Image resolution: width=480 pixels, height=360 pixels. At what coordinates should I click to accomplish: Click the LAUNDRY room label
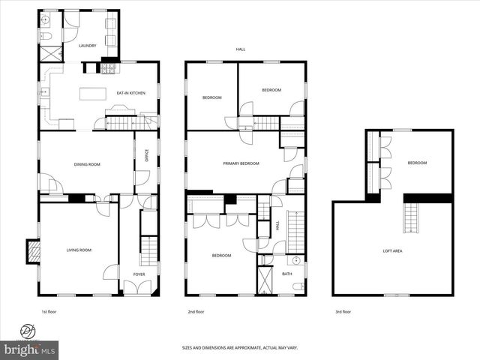coord(88,46)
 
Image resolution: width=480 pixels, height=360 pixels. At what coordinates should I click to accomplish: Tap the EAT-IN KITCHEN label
coord(130,93)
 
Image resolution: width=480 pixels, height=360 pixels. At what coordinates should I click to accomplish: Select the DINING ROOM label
coord(87,164)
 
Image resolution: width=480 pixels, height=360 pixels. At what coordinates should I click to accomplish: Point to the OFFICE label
coord(147,156)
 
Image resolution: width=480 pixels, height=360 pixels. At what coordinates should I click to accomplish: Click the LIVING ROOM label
coord(79,250)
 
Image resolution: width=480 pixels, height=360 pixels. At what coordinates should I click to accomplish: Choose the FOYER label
coord(139,274)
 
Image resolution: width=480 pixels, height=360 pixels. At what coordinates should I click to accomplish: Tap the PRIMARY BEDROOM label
coord(241,163)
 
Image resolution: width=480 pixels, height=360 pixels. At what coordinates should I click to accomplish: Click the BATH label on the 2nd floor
coord(287,274)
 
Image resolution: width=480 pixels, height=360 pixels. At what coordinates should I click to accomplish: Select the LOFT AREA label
coord(392,250)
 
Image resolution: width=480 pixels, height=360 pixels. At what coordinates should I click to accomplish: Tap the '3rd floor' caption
coord(342,311)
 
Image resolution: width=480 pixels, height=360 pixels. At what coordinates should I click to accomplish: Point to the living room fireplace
coord(32,250)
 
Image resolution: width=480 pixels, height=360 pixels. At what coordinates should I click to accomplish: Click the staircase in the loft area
coord(412,218)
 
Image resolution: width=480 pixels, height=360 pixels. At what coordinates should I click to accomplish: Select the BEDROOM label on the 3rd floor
coord(417,163)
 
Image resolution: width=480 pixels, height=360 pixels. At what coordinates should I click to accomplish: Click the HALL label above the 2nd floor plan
coord(241,49)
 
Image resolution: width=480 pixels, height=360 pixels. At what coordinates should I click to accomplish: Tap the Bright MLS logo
coord(30,349)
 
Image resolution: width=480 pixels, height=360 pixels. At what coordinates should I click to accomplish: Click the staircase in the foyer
coord(149,250)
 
